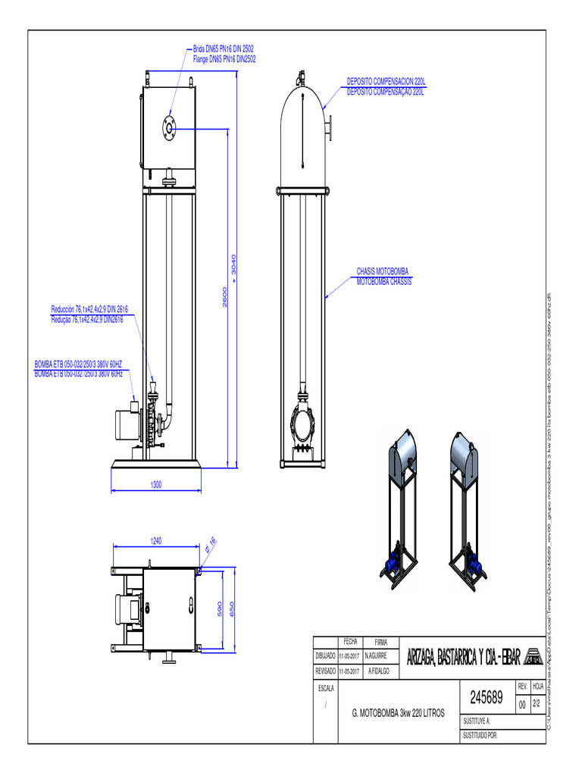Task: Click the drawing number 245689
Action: [x=487, y=696]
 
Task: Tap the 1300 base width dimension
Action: [x=156, y=484]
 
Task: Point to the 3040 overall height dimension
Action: [x=234, y=266]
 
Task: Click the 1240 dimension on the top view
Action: [x=156, y=540]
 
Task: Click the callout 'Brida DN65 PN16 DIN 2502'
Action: [x=224, y=48]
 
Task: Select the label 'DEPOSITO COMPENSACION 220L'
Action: [x=386, y=80]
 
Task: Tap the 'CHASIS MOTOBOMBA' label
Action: [x=383, y=271]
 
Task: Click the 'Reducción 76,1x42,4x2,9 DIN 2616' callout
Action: [x=89, y=309]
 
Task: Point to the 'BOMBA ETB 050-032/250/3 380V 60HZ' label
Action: [x=78, y=365]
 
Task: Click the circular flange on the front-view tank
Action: [x=167, y=130]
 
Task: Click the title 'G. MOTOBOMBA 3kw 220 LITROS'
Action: [x=399, y=713]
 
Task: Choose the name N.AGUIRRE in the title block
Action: [x=377, y=655]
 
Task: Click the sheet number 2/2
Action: [x=537, y=703]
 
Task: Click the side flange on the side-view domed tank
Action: [x=330, y=126]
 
